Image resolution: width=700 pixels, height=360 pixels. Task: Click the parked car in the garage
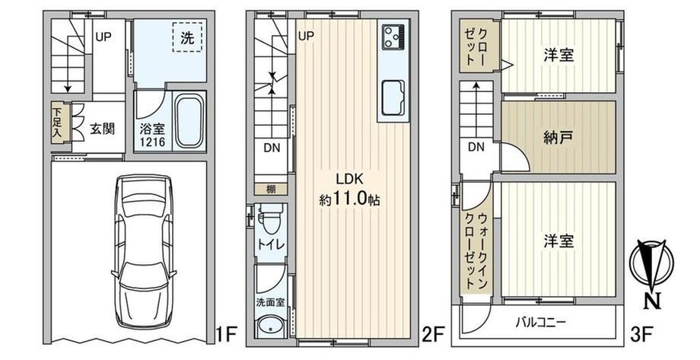point(144,251)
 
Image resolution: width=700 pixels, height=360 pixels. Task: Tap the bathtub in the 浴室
point(189,120)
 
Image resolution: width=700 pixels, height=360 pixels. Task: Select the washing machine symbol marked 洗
point(187,38)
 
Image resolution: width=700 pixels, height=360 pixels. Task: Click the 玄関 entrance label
point(102,129)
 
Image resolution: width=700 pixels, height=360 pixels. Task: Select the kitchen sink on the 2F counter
point(393,98)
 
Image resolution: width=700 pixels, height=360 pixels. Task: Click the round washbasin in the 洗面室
point(271,327)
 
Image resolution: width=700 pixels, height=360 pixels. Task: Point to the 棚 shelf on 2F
point(271,189)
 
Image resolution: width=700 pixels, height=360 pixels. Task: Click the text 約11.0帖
point(349,199)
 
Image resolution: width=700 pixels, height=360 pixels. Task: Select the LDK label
point(350,179)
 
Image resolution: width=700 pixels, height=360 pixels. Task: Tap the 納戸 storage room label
point(558,138)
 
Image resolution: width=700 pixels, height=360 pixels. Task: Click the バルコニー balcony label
point(541,322)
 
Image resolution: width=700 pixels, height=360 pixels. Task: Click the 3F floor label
point(641,333)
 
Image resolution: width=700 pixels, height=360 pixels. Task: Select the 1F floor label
point(226,333)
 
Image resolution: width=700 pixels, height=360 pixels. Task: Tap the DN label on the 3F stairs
point(476,147)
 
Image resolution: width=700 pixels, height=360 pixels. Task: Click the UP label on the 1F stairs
point(103,37)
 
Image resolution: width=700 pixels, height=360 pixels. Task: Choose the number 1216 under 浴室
point(153,142)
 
